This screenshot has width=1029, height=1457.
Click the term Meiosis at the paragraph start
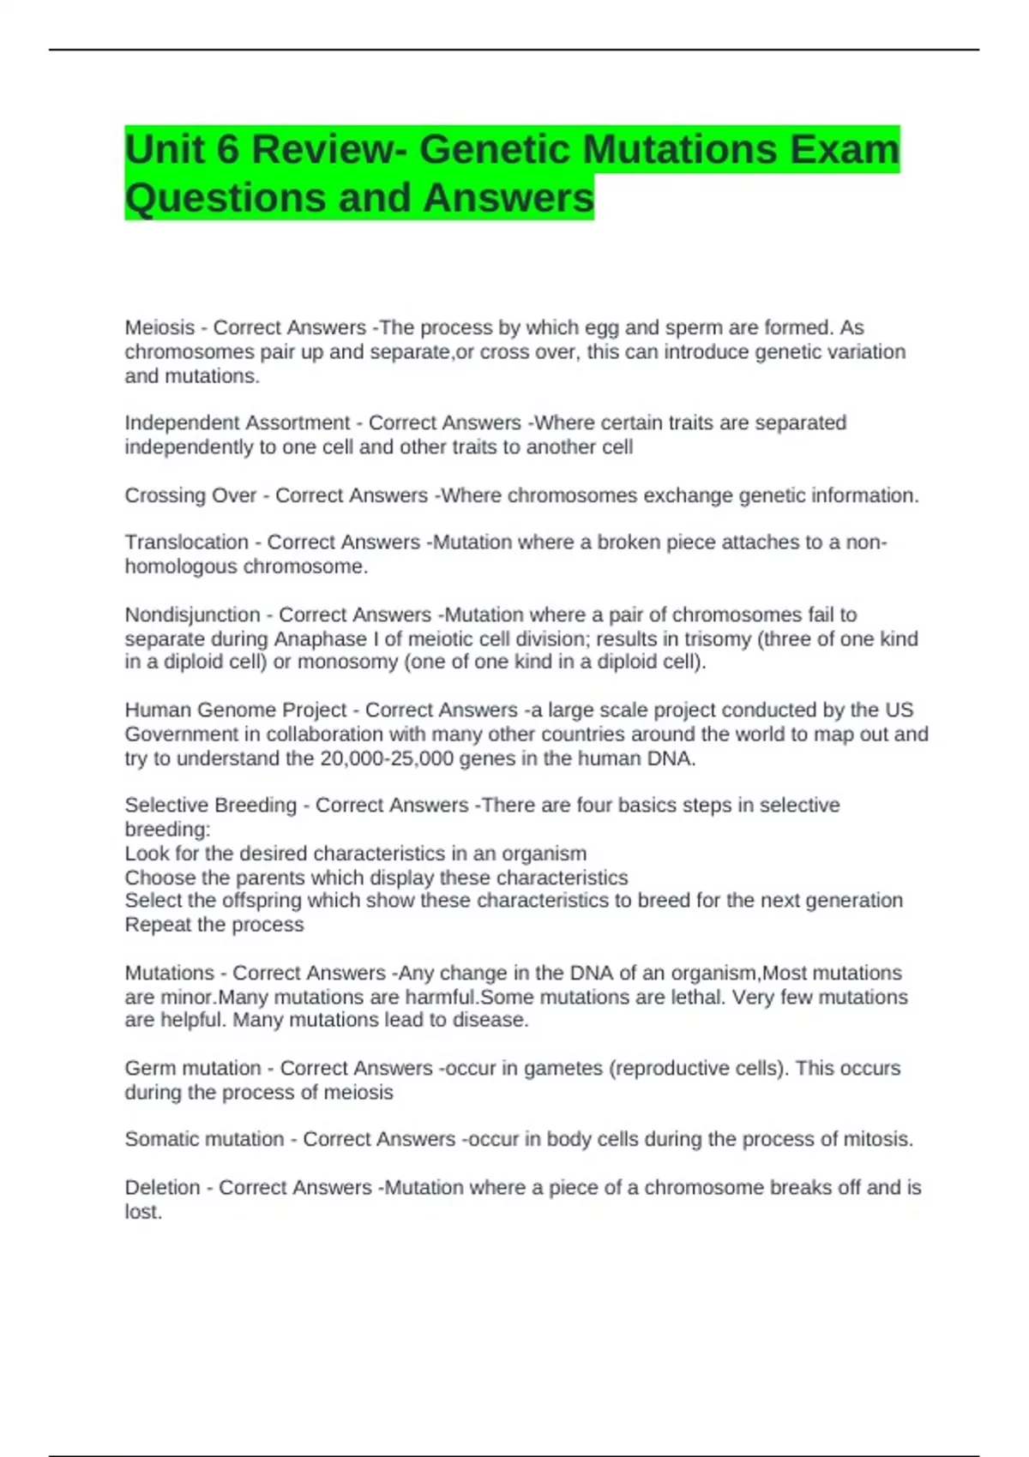point(159,327)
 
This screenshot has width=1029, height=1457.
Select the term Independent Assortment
point(237,423)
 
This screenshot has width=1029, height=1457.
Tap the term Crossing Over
point(190,495)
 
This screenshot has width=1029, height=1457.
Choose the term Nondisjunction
point(192,615)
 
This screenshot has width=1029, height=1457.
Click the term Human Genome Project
point(235,710)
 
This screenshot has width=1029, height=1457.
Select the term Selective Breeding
point(210,805)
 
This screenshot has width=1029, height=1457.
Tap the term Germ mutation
point(192,1068)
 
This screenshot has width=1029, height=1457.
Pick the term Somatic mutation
point(204,1139)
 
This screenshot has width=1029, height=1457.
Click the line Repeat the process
point(214,925)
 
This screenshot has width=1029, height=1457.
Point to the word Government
point(180,734)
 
